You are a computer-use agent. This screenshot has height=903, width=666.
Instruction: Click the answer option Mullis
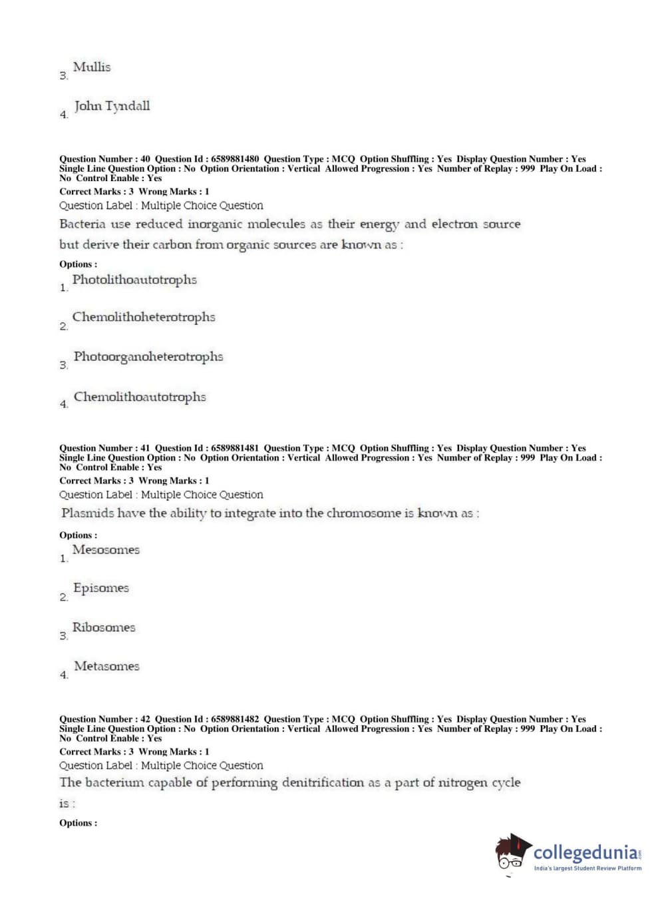tap(92, 67)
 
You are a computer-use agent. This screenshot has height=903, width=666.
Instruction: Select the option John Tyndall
tap(112, 106)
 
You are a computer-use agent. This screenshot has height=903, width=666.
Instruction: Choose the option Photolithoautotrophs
tap(134, 280)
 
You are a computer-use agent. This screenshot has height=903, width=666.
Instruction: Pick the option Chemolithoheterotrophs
tap(144, 317)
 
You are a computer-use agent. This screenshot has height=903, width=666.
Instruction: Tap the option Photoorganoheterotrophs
tap(148, 356)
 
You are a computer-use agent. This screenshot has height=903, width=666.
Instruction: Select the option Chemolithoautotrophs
tap(140, 397)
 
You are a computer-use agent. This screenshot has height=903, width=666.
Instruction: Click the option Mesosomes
tap(106, 550)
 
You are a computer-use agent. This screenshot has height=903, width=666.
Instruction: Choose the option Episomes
tap(101, 588)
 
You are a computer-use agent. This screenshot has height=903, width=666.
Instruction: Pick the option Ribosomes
tap(104, 627)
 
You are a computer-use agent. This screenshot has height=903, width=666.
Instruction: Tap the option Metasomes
tap(106, 666)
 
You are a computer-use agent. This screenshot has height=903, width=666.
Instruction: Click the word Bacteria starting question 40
tap(83, 224)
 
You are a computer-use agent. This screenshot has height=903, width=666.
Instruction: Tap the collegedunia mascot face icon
tap(512, 853)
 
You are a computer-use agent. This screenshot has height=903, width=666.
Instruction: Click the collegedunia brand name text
tap(585, 852)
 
